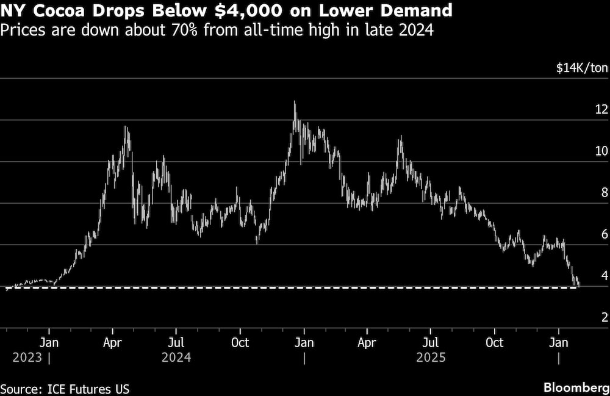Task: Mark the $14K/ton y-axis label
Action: [582, 68]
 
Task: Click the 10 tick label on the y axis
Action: [601, 151]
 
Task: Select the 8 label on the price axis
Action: [605, 193]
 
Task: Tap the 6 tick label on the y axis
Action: [605, 234]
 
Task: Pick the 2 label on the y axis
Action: [605, 317]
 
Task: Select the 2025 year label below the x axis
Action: [431, 357]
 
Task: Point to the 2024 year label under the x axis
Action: [176, 357]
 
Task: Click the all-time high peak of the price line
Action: [295, 102]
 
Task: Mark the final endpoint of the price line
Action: [578, 285]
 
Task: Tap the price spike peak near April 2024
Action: [126, 127]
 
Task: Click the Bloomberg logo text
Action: [575, 388]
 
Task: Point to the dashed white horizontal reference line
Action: [305, 287]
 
